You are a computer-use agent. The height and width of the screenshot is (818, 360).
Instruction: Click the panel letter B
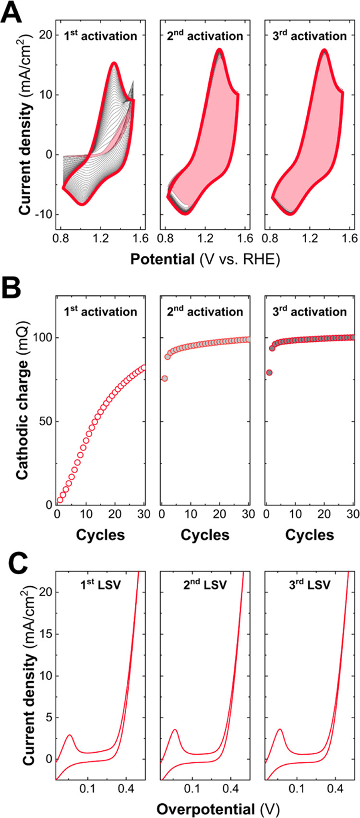coord(11,289)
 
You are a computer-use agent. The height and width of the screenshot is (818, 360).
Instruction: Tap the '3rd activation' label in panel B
coord(310,312)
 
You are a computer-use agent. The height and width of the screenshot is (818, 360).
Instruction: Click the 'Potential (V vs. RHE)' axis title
coord(205,259)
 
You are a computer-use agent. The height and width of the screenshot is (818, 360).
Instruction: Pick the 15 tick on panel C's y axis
coord(45,634)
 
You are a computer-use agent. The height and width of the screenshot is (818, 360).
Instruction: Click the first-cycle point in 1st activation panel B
coord(60,500)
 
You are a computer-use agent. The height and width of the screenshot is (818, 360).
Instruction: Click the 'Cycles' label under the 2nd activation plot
coord(205,535)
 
